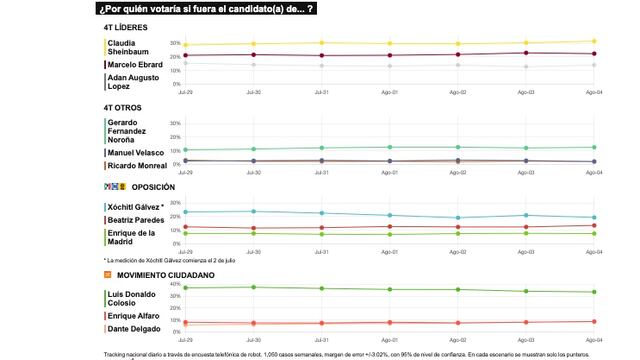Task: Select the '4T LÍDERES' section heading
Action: click(x=127, y=27)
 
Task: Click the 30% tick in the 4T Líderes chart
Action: click(x=175, y=44)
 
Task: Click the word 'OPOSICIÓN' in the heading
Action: click(x=153, y=187)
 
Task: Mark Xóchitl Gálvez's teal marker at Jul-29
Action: click(x=186, y=211)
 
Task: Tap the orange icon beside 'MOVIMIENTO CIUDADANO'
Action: click(x=107, y=273)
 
